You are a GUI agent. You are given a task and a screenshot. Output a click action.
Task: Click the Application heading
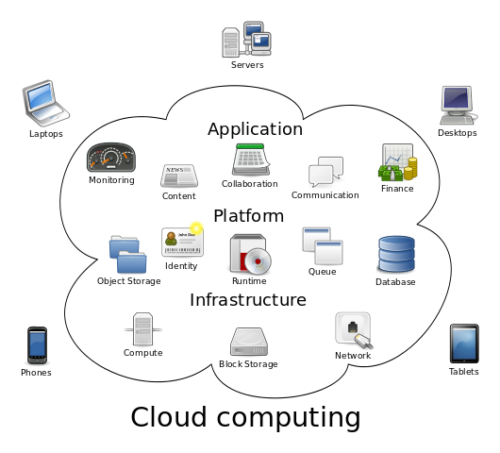point(255,129)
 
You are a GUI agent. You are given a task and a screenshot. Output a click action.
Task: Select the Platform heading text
point(248,216)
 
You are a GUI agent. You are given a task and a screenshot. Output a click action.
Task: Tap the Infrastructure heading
point(248,300)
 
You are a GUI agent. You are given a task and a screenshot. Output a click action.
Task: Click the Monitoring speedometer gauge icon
point(111,158)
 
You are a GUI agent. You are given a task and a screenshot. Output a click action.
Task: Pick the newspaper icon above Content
point(178,176)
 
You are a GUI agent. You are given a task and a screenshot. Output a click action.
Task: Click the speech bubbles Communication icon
point(325,172)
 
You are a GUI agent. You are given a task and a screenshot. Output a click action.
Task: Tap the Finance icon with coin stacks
point(397,163)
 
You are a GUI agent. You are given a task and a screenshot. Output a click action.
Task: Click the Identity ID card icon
point(182,242)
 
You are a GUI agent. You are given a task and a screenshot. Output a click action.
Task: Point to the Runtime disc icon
point(250,255)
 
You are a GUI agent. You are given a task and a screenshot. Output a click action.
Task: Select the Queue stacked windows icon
point(322,245)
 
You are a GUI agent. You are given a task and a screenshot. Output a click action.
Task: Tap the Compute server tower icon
point(142,329)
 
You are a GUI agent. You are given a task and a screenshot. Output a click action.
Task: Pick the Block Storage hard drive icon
point(248,342)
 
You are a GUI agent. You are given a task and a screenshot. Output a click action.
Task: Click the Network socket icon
point(352,330)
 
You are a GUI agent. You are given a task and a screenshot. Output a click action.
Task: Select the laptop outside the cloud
point(44,103)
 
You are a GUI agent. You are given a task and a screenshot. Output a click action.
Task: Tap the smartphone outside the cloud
point(37,344)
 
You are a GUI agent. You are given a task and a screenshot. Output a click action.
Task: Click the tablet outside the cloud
point(463,344)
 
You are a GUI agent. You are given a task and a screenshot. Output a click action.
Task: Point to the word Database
point(395,282)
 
